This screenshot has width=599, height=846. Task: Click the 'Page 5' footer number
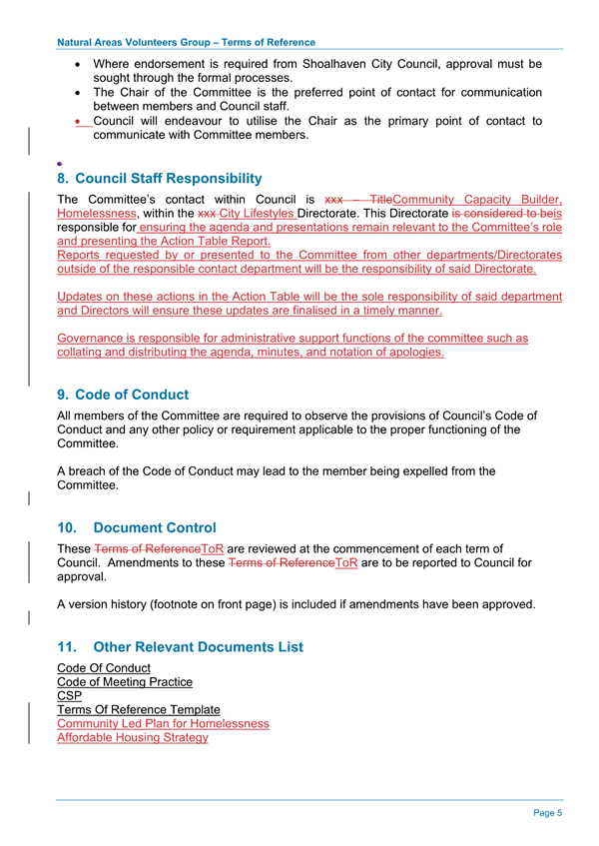click(547, 813)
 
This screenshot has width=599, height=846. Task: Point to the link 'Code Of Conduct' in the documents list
click(104, 667)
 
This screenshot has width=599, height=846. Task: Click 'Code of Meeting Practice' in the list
click(125, 681)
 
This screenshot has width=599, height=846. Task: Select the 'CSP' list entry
click(70, 695)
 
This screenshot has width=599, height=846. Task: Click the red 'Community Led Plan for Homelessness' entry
click(163, 723)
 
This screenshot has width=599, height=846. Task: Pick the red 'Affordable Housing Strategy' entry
click(133, 737)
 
